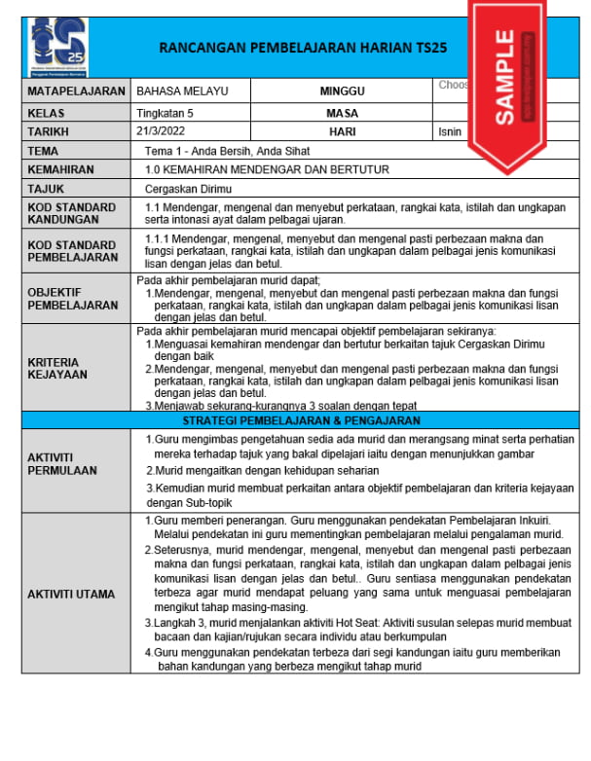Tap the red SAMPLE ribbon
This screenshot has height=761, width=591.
(x=507, y=78)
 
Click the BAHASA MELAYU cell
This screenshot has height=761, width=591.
(x=182, y=91)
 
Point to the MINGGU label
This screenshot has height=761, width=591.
(x=342, y=91)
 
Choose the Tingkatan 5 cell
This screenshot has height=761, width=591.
(x=165, y=113)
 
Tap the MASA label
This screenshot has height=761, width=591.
(x=342, y=113)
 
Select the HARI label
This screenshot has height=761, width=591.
(x=342, y=131)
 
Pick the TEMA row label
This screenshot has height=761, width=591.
(x=43, y=151)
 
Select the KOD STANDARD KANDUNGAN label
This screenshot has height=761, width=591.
(x=71, y=214)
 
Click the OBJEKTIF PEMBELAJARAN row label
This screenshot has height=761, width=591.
(x=72, y=298)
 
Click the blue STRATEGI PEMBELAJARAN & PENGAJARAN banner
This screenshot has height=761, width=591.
(x=301, y=420)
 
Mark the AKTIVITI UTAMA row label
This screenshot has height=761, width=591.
(x=70, y=594)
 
